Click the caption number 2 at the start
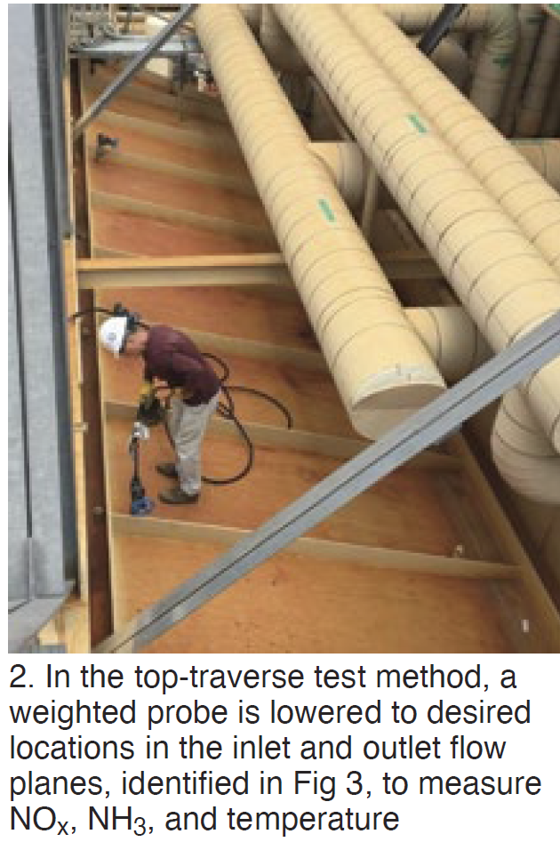click(x=19, y=678)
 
